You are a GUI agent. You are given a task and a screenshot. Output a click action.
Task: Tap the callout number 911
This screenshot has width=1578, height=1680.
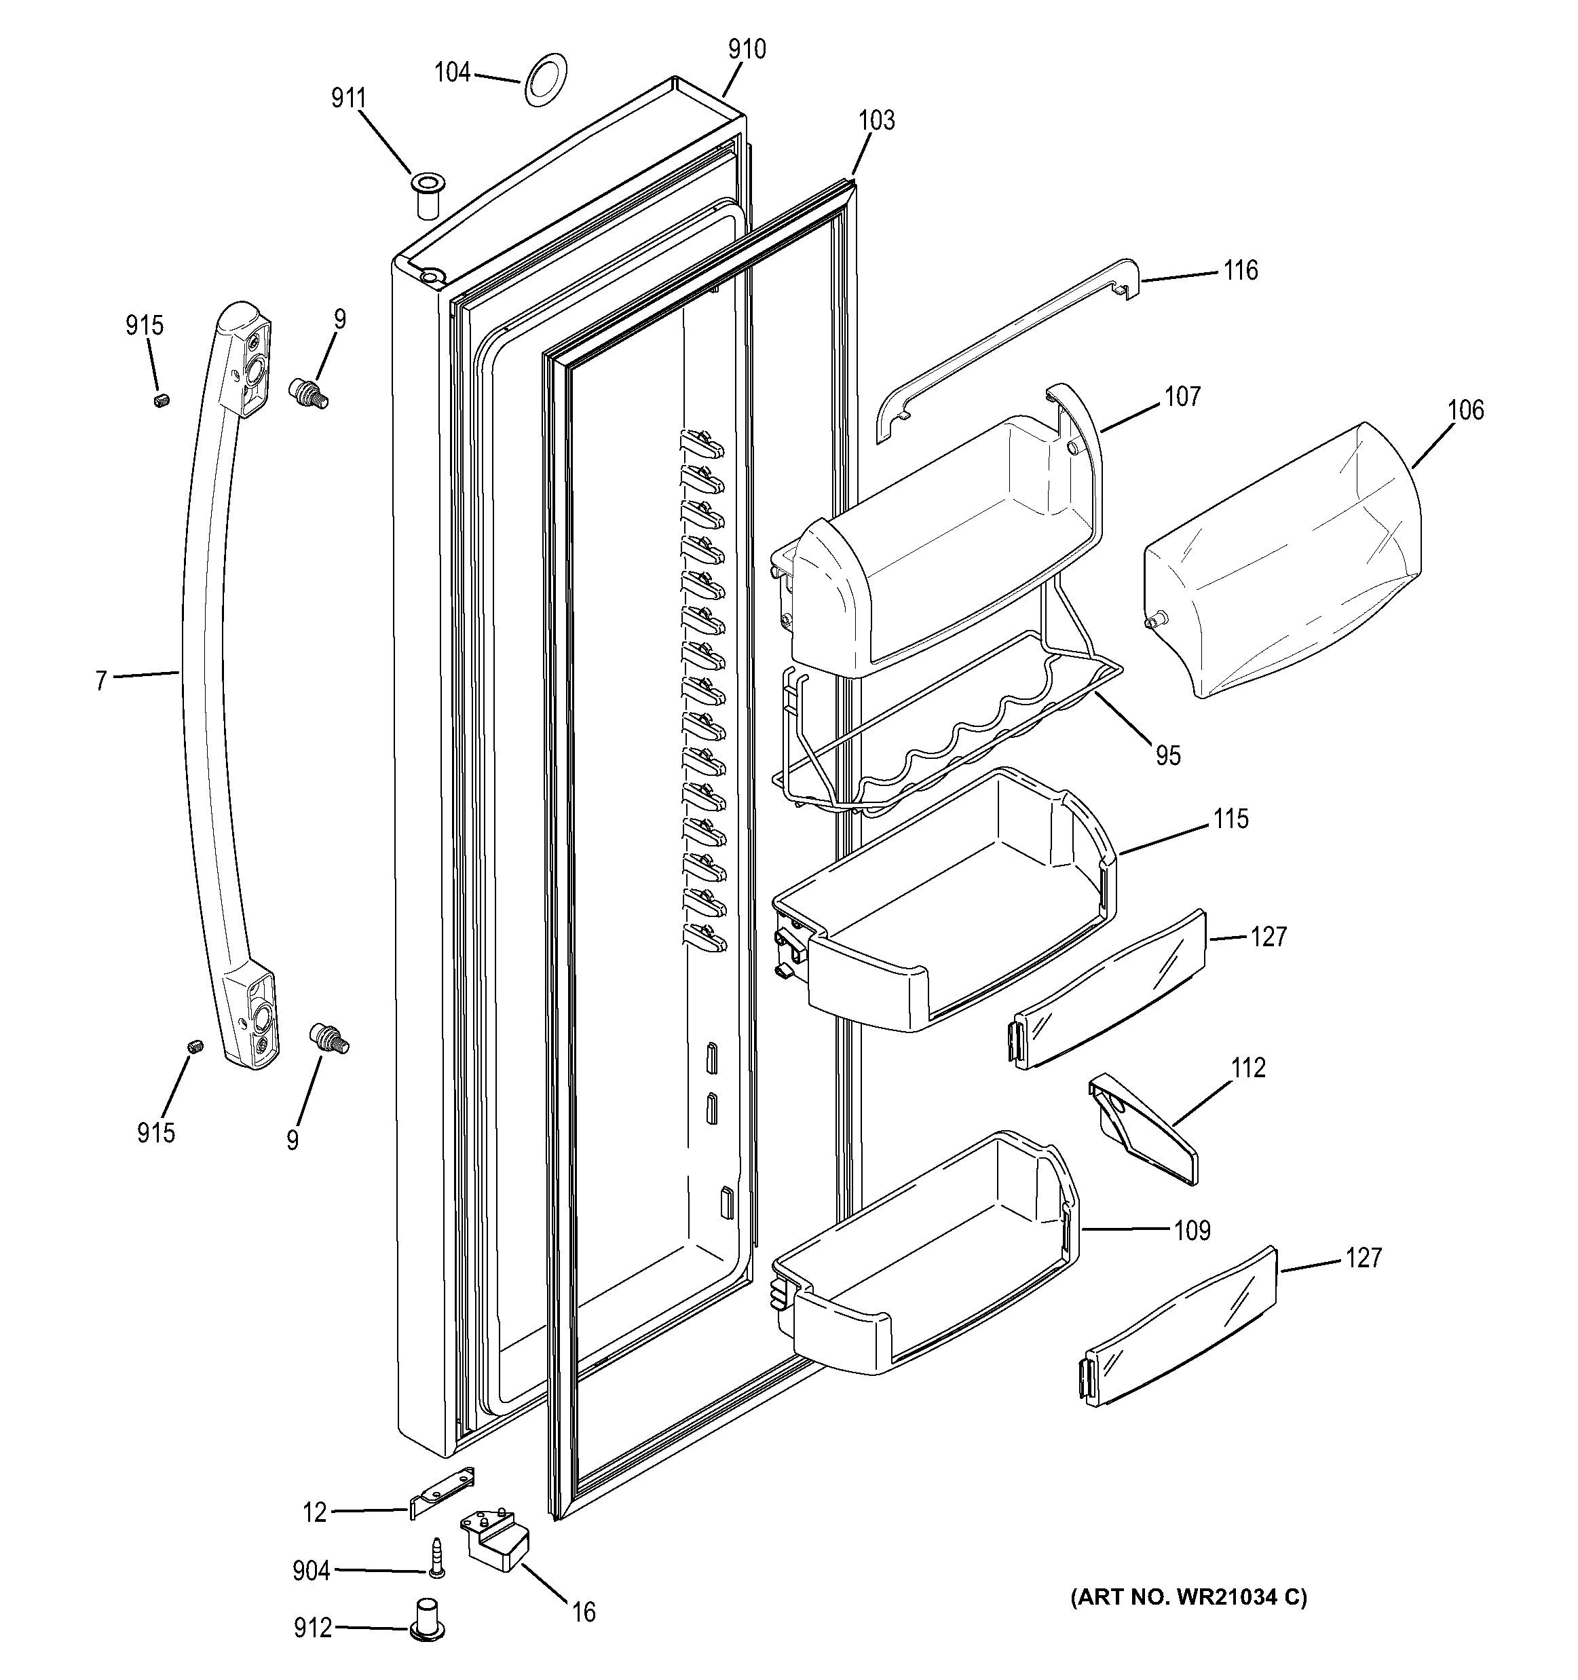click(x=348, y=99)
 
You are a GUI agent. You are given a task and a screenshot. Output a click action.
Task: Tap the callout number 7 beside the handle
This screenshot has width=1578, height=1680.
click(x=101, y=680)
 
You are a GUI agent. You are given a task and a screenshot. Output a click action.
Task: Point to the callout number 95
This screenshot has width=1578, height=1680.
click(x=1167, y=755)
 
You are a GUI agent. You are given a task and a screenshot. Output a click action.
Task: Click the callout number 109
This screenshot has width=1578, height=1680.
click(x=1192, y=1231)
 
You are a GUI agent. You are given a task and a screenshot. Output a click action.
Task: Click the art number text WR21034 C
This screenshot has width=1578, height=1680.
click(x=1188, y=1597)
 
